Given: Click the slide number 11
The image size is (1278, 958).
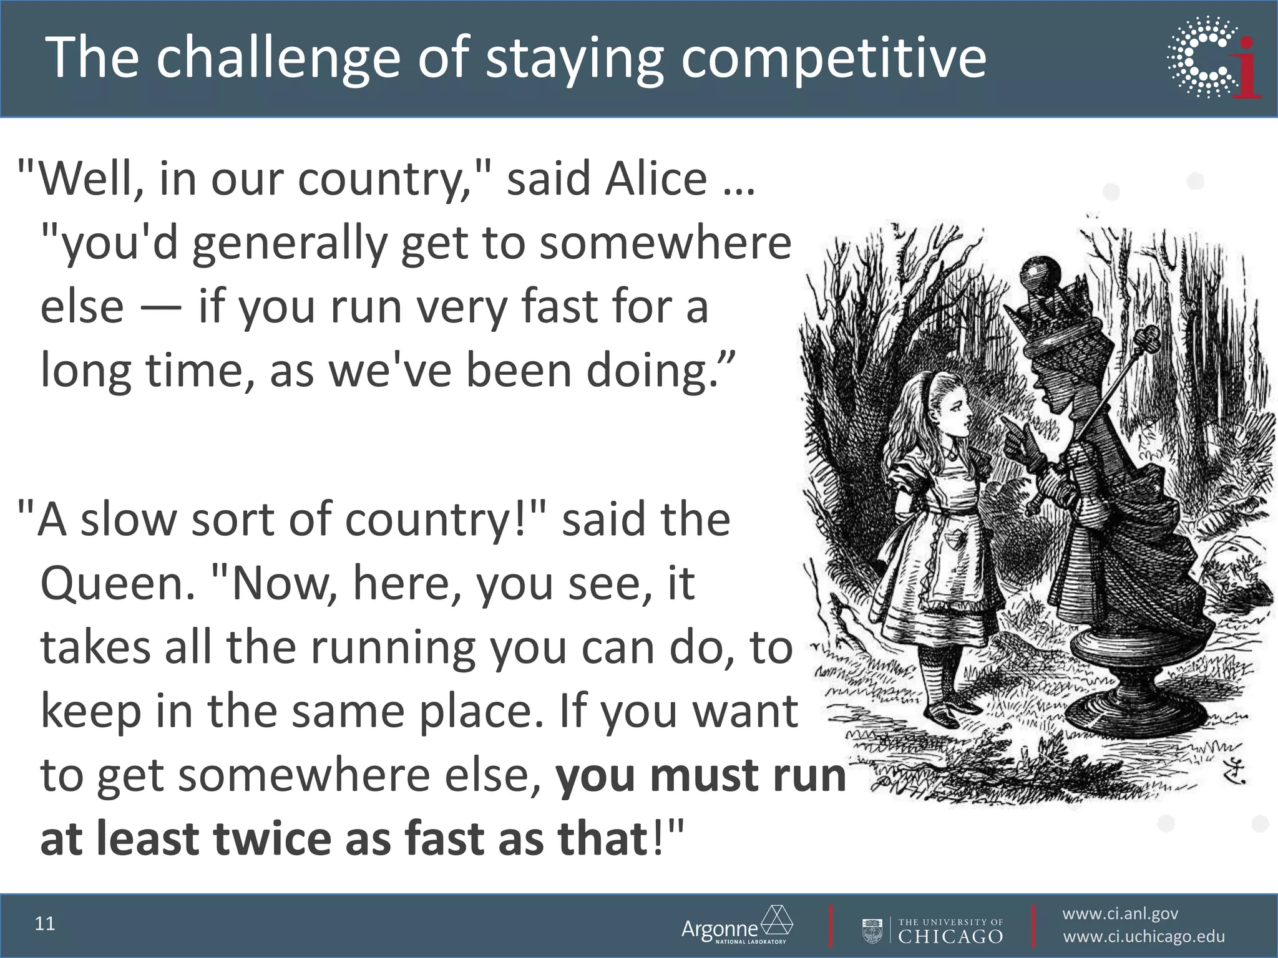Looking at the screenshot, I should coord(45,924).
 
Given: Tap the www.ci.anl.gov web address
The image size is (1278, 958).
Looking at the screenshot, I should coord(1120,914).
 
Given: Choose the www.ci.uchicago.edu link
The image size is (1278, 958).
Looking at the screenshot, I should coord(1143,937).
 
